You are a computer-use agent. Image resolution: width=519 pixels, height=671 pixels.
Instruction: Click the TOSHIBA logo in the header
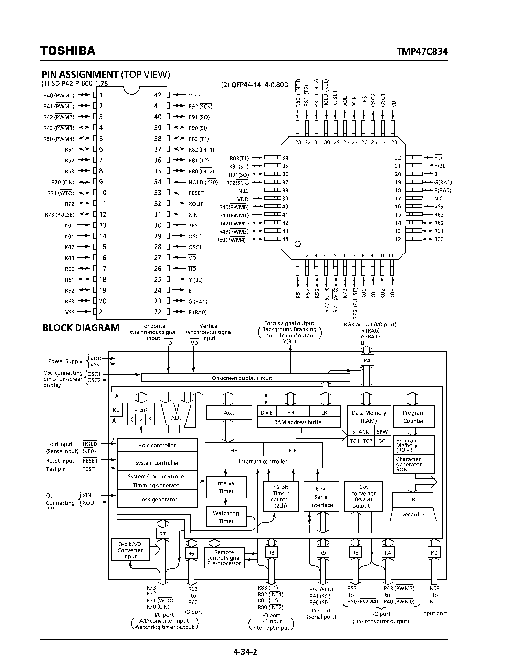point(68,51)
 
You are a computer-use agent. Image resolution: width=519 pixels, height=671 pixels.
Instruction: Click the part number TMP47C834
point(422,51)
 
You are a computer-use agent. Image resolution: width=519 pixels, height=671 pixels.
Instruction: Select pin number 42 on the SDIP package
point(158,95)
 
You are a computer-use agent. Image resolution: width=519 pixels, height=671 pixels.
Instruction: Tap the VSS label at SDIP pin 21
point(70,312)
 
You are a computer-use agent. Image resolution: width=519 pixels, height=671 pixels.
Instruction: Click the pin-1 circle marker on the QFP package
point(297,244)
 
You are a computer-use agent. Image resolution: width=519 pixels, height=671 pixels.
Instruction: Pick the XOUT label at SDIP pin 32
point(196,204)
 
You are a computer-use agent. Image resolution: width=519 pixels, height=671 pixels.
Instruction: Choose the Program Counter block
point(413,417)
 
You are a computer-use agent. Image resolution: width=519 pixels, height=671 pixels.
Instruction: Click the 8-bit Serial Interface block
point(321,497)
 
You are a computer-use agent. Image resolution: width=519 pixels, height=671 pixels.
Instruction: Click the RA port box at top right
point(367,360)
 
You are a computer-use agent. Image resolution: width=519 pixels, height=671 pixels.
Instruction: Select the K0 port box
point(434,553)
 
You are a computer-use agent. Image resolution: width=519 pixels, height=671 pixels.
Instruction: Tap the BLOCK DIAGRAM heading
point(81,328)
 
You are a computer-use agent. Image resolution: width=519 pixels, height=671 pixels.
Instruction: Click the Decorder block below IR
point(413,514)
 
